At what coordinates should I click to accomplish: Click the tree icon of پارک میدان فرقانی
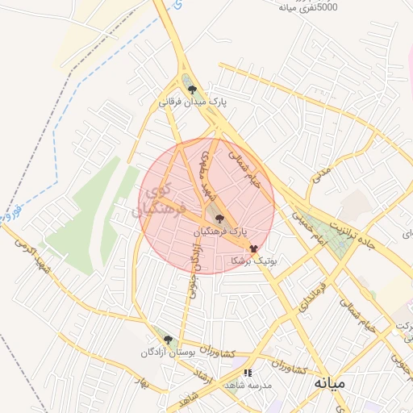[191, 90]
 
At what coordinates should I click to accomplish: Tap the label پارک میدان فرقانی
[192, 103]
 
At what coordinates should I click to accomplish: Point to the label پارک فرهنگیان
[220, 232]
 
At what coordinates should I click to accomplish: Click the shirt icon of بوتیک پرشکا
[253, 249]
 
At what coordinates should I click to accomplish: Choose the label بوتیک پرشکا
[254, 261]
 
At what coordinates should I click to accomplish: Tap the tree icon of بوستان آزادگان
[168, 340]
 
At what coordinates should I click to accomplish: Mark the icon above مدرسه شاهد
[248, 373]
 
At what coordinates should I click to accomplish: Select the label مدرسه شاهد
[252, 386]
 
